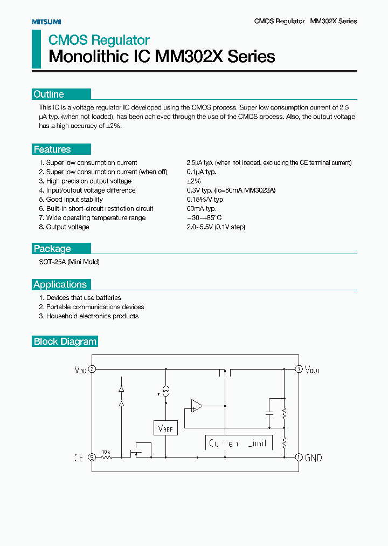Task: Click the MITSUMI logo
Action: click(46, 22)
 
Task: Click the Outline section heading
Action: click(48, 94)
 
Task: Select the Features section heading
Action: click(52, 149)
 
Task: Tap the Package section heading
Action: click(52, 249)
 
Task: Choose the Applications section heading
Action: click(60, 284)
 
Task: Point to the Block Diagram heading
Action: click(65, 342)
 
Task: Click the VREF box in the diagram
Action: click(165, 428)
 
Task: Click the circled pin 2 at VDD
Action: click(92, 369)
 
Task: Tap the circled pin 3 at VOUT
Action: click(299, 369)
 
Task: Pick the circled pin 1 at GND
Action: click(299, 457)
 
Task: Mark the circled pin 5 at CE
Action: click(92, 457)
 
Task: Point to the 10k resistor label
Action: click(106, 451)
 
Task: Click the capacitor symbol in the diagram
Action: click(269, 413)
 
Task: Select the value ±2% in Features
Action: click(193, 181)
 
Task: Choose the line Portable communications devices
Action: click(95, 307)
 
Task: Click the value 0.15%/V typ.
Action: click(205, 200)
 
